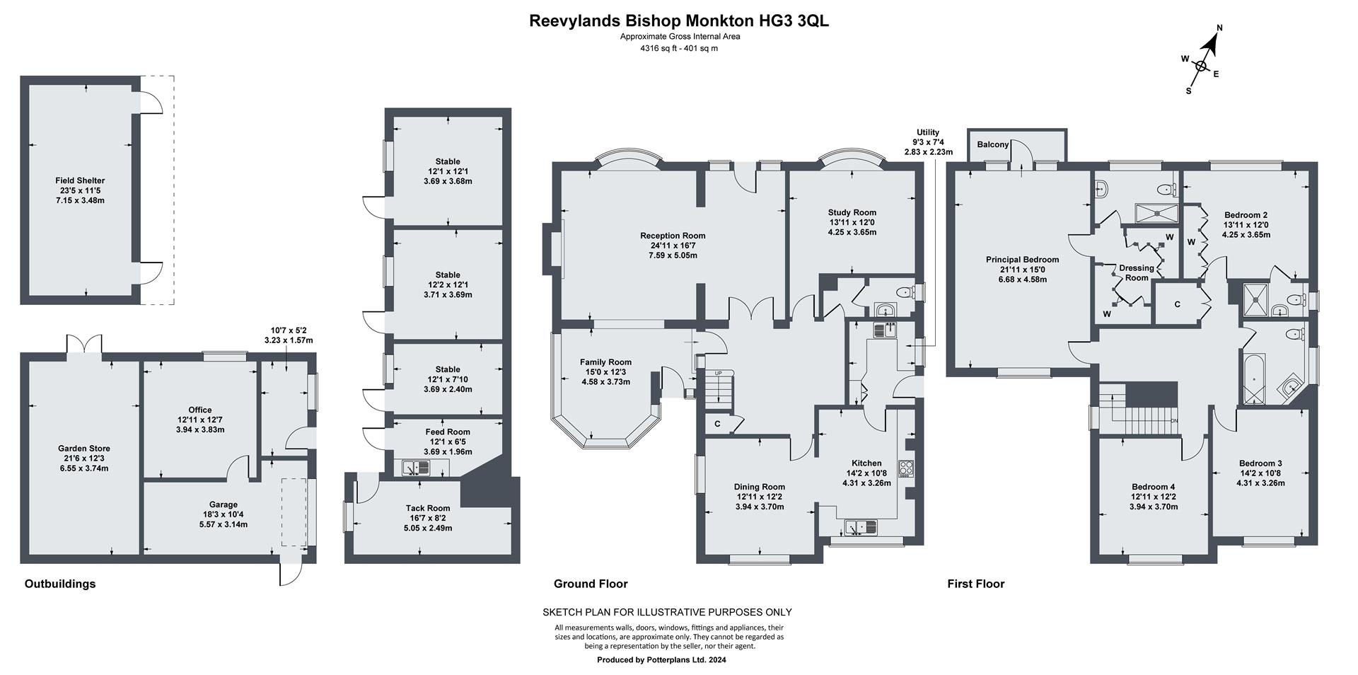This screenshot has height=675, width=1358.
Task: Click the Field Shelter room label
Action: point(80,180)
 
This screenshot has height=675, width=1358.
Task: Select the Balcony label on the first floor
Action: point(992,144)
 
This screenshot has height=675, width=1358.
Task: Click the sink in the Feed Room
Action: point(417,467)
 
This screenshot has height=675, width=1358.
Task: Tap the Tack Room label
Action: point(427,508)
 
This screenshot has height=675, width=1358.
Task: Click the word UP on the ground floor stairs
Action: point(719,373)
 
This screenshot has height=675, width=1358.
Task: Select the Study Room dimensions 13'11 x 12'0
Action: point(852,222)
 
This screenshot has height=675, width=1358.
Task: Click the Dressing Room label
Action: point(1136,272)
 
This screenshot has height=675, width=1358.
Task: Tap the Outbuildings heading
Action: point(60,584)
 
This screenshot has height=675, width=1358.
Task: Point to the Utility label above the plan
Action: point(928,132)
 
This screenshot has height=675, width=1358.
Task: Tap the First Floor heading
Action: point(975,584)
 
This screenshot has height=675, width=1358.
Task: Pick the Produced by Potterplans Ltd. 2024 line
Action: point(661,660)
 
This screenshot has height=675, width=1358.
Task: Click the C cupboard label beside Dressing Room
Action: point(1177,304)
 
